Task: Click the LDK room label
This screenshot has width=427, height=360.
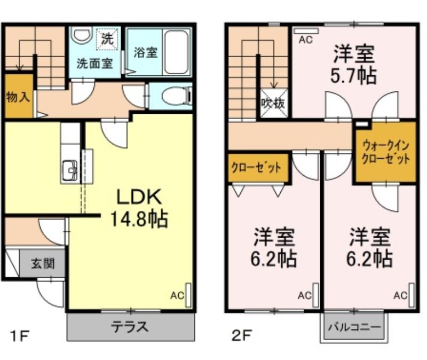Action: coord(139,197)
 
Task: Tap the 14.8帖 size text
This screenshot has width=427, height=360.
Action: coord(139,219)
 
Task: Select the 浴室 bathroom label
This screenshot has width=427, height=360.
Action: coord(146,52)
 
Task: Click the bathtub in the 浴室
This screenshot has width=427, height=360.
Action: coord(177,52)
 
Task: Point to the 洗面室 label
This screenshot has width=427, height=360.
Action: coord(94,64)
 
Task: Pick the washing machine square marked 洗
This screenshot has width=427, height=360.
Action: coord(108,39)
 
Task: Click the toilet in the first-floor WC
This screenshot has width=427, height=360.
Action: coord(177,96)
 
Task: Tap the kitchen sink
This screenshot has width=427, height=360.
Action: coord(70,170)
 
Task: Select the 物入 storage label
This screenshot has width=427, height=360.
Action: coord(18,97)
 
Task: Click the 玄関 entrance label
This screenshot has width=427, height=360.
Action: coord(43,263)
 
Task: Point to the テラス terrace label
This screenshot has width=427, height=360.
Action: coord(130,326)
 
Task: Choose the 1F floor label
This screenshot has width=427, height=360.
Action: coord(19,336)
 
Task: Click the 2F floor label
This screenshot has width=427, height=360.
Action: coord(242,335)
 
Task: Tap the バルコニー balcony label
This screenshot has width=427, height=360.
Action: coord(354,326)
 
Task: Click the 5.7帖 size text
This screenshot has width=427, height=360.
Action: coord(353,75)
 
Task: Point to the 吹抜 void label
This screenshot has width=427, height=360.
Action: coord(273,103)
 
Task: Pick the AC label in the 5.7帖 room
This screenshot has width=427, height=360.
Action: coord(305,40)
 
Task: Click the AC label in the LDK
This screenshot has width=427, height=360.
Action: coord(177,295)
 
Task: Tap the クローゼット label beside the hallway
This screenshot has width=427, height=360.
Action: coord(256,168)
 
